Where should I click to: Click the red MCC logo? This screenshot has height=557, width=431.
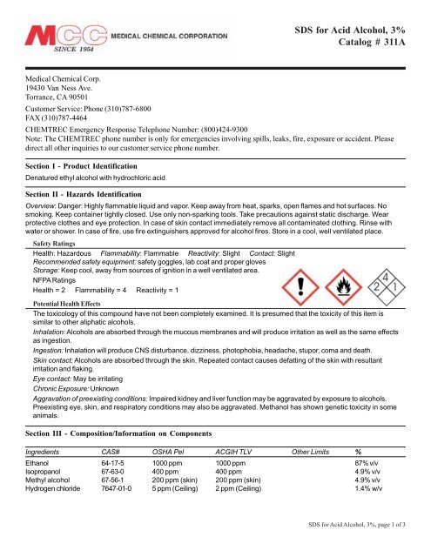click(x=65, y=37)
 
